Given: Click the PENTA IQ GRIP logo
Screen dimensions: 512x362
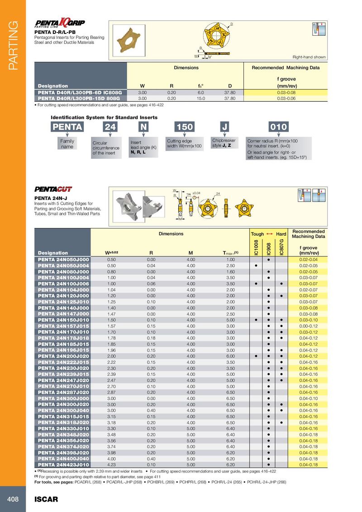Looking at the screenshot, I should [60, 24].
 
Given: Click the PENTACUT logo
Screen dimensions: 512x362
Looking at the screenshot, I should [53, 189].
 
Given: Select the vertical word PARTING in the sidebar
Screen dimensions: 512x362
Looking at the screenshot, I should [12, 45].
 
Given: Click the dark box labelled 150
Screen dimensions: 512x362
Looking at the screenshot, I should [185, 127].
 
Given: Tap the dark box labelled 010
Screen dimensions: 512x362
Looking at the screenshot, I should [278, 127].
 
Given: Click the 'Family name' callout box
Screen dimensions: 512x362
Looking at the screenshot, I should [67, 144].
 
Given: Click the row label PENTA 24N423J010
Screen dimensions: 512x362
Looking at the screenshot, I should [63, 464].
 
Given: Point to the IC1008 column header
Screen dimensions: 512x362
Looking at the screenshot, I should [256, 247].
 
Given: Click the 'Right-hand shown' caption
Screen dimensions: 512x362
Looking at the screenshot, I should [309, 57].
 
